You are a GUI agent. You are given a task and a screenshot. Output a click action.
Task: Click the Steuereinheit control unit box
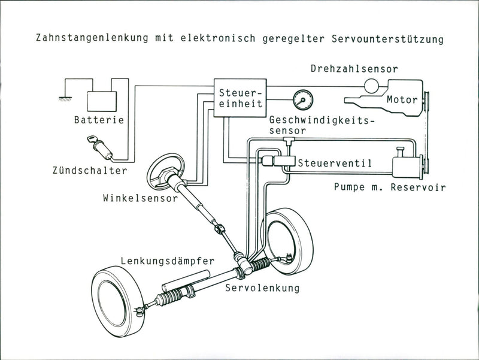click(240, 98)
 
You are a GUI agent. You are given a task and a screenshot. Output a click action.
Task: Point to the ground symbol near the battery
click(62, 96)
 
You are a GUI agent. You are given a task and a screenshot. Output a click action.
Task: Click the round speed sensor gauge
click(302, 98)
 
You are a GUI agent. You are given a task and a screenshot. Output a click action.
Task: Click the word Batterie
click(99, 120)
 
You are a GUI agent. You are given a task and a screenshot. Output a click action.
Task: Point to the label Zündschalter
click(89, 171)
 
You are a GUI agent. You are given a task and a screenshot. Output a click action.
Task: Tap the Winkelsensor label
click(141, 198)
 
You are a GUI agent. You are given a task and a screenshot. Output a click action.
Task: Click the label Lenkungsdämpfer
click(167, 261)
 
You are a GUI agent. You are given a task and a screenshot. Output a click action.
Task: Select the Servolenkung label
click(262, 289)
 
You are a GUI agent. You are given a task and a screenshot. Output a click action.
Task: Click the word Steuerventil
click(335, 163)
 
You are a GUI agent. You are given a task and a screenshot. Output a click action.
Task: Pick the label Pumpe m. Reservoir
click(389, 187)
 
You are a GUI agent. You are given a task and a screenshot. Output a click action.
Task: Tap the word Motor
click(402, 99)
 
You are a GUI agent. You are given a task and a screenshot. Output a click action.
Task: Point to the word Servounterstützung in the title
click(387, 40)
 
